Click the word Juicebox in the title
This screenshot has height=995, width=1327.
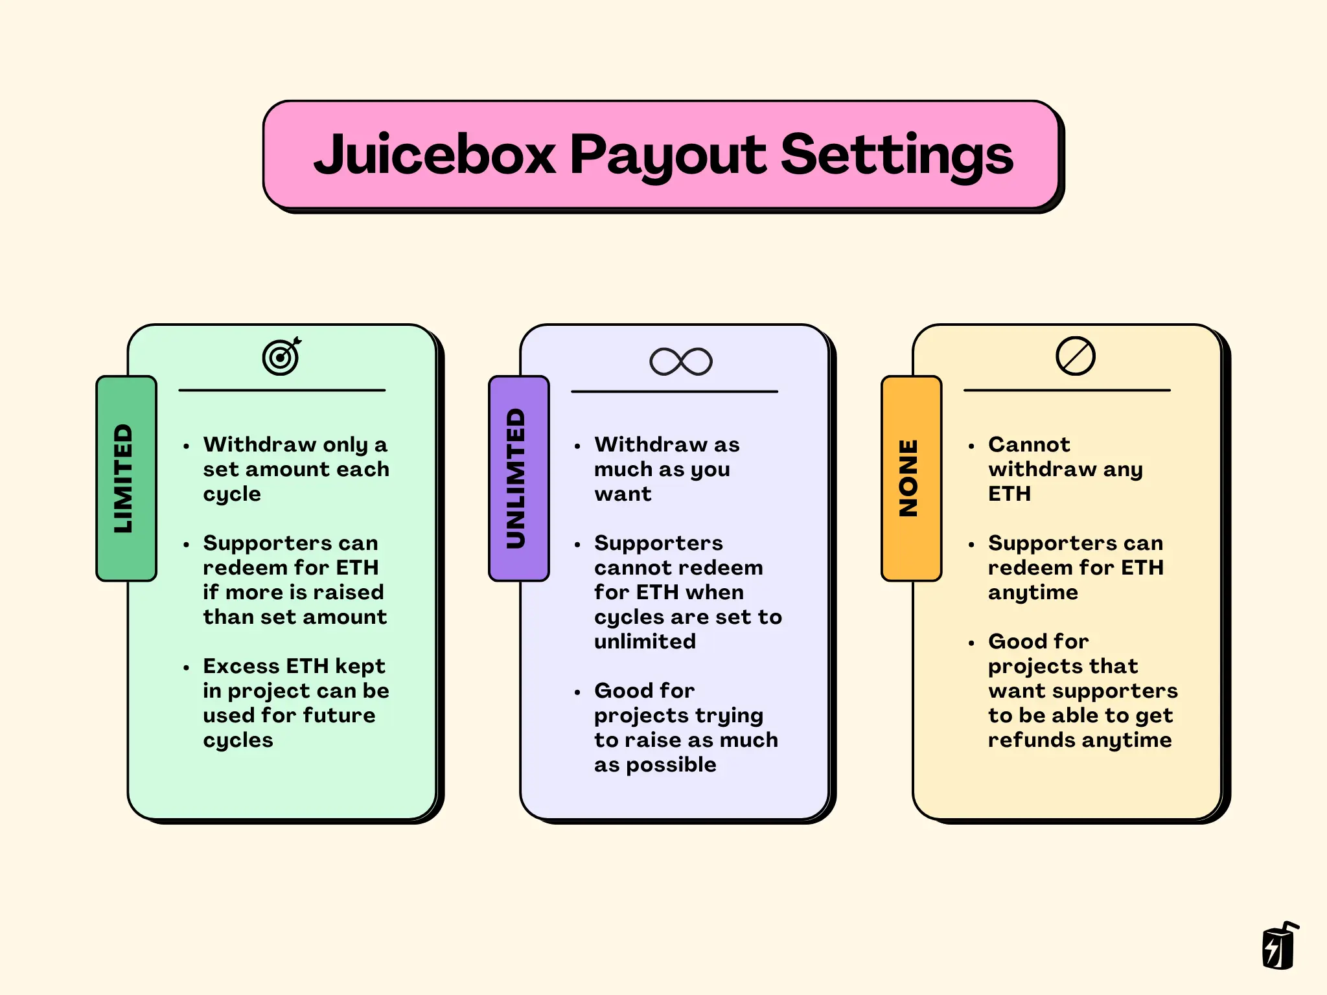pos(434,155)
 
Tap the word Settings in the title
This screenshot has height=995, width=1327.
pos(897,155)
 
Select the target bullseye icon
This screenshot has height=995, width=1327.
pos(281,357)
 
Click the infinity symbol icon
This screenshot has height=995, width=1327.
pos(680,361)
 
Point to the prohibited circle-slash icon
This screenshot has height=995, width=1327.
pos(1075,356)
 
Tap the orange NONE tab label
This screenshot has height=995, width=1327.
pos(910,478)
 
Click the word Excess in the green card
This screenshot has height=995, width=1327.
pos(241,666)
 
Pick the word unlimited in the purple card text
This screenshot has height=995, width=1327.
pos(645,641)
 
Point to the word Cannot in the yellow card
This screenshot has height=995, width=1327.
pos(1028,444)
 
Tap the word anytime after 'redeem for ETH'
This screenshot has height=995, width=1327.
pos(1033,593)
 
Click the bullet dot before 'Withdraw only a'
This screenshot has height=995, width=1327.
pos(187,446)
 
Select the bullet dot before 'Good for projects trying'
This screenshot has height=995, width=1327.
pos(577,692)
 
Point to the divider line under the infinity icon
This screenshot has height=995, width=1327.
pos(674,391)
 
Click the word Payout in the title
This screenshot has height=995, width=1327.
pos(667,155)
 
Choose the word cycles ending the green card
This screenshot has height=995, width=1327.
pos(238,740)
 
